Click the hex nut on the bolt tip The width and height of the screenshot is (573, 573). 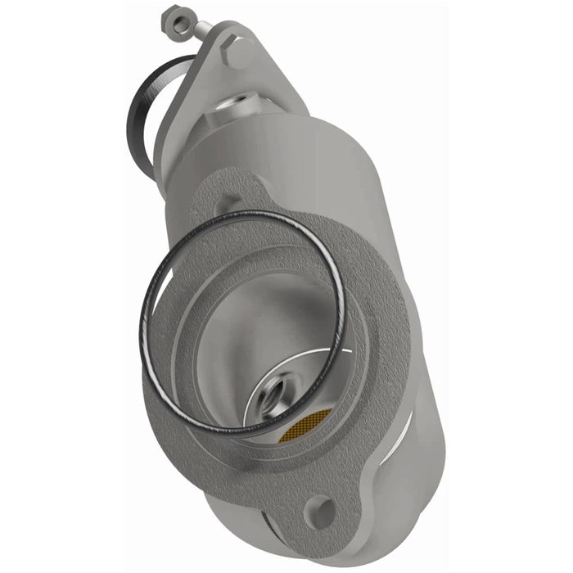click(174, 18)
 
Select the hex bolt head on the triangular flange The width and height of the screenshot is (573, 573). click(241, 54)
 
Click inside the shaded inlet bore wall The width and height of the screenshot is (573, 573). click(237, 327)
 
